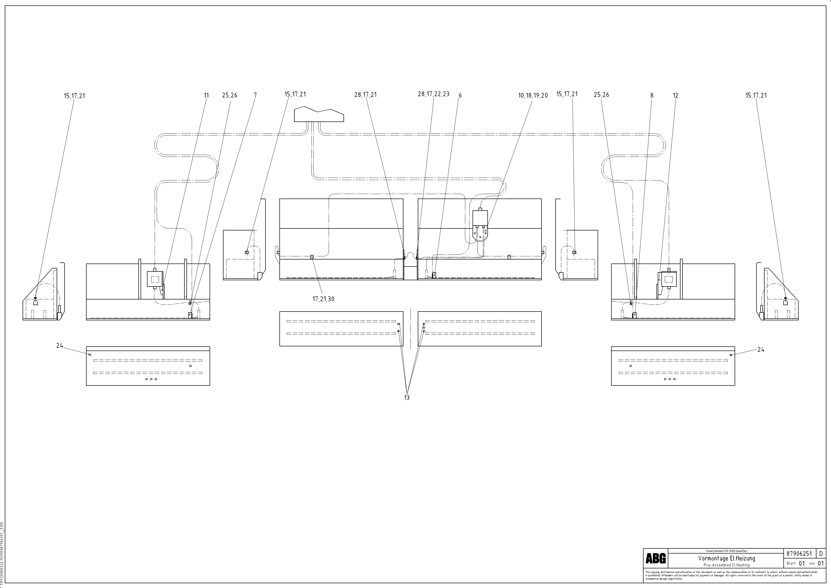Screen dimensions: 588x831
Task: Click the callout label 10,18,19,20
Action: click(x=533, y=96)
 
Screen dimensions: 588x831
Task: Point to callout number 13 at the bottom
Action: click(x=407, y=398)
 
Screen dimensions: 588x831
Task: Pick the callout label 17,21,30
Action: click(x=323, y=299)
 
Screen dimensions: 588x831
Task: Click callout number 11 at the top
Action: click(x=206, y=96)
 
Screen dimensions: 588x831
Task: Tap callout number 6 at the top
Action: click(x=460, y=96)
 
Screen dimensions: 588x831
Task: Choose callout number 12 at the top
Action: click(x=675, y=96)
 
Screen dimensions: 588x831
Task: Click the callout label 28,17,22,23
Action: click(x=434, y=94)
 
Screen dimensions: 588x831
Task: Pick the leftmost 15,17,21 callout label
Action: click(x=74, y=96)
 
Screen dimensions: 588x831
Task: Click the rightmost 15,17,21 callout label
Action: click(x=756, y=96)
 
